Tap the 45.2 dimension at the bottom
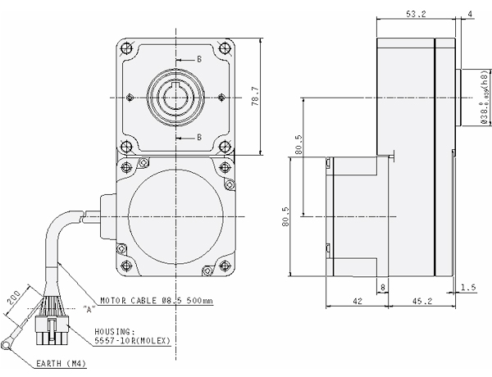pyautogui.click(x=421, y=301)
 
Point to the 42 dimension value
pyautogui.click(x=357, y=301)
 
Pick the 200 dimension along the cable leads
pyautogui.click(x=15, y=299)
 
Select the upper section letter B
pyautogui.click(x=198, y=60)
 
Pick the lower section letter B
pyautogui.click(x=198, y=135)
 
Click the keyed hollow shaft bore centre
pyautogui.click(x=176, y=98)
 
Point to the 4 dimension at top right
pyautogui.click(x=470, y=15)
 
